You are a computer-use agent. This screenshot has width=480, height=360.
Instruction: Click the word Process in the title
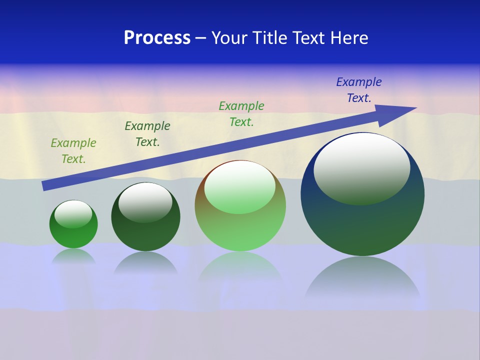click(x=157, y=38)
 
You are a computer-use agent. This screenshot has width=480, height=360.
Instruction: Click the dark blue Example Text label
click(x=359, y=90)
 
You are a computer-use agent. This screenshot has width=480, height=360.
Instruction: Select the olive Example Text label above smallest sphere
click(x=73, y=151)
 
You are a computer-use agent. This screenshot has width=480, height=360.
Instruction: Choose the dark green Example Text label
click(x=147, y=134)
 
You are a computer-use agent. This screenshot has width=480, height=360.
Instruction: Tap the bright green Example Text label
click(x=241, y=114)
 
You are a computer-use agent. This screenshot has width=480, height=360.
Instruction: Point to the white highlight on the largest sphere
click(x=362, y=167)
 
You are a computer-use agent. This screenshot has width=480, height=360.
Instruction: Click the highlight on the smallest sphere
click(x=73, y=213)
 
